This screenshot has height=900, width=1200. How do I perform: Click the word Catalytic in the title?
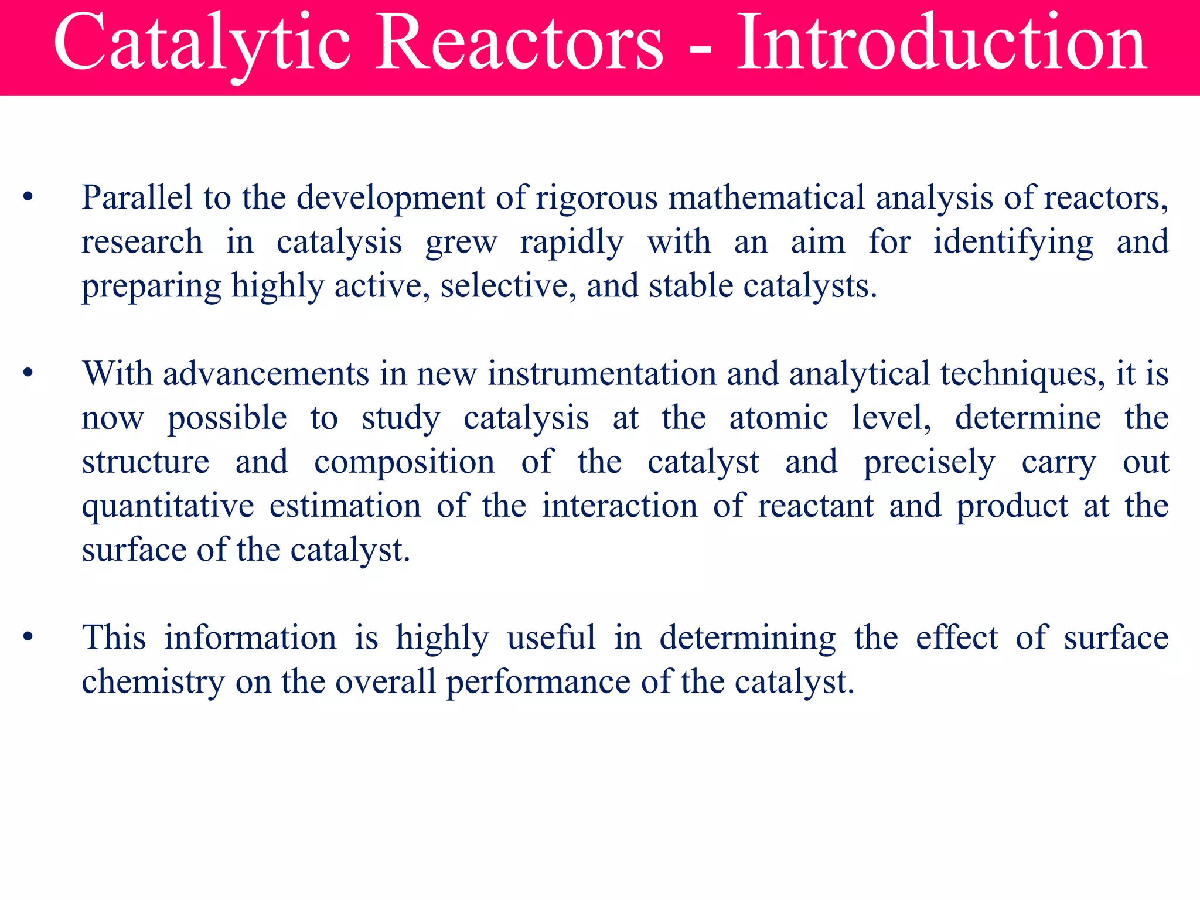[202, 44]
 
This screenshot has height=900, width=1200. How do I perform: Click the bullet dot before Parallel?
[28, 197]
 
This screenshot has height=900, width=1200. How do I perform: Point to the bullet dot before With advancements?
[28, 373]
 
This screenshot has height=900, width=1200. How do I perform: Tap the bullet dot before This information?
[28, 637]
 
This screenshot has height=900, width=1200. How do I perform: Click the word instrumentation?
[602, 373]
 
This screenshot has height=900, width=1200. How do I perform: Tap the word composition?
[404, 463]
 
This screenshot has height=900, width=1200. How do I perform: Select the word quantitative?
[168, 507]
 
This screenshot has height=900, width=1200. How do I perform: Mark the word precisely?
[929, 463]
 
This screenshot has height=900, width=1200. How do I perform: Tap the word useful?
[551, 637]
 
